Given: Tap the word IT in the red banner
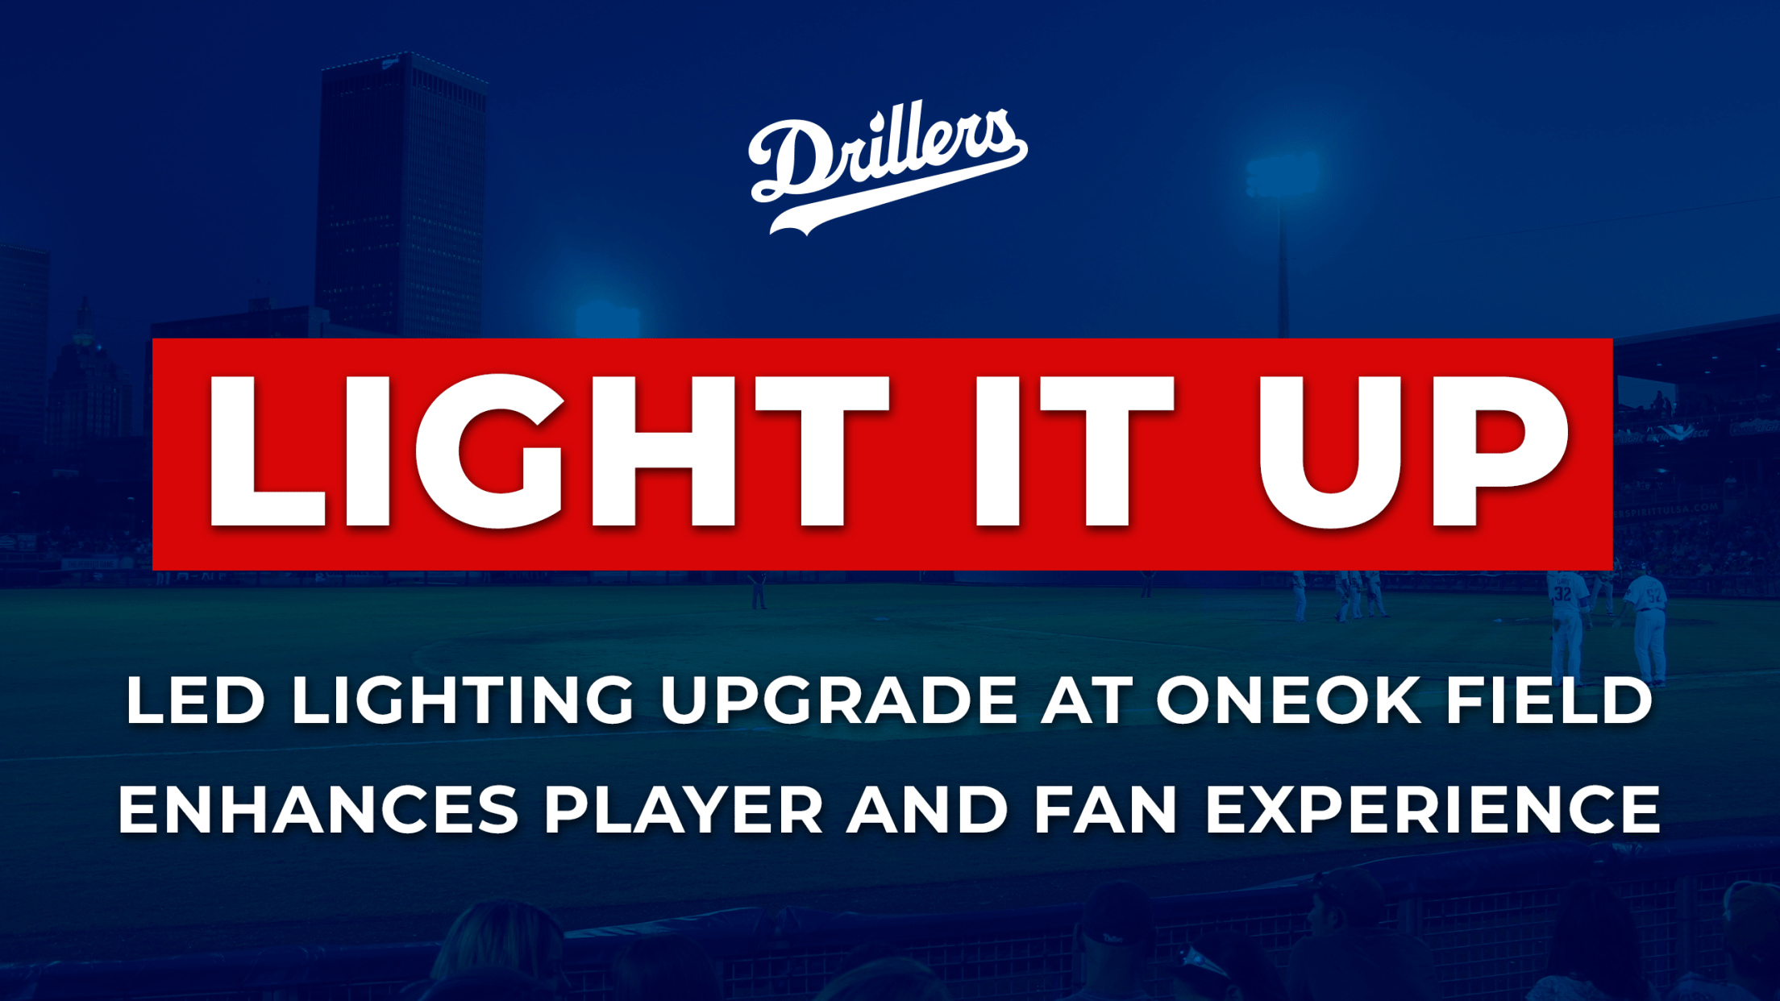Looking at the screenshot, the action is coord(1074,451).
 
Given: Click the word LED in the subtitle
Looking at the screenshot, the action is coord(196,700).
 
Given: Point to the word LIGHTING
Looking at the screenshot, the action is coord(463,700).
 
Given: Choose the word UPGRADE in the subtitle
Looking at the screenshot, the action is coord(839,700).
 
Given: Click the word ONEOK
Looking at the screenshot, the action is coord(1288,700).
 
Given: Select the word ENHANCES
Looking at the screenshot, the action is coord(319,809).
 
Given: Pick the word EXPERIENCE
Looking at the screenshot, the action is coord(1433,809).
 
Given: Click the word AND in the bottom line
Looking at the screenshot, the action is coord(927,809).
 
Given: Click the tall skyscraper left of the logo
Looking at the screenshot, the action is coord(402,193).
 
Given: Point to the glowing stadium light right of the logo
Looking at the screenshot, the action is coord(1282,174).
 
